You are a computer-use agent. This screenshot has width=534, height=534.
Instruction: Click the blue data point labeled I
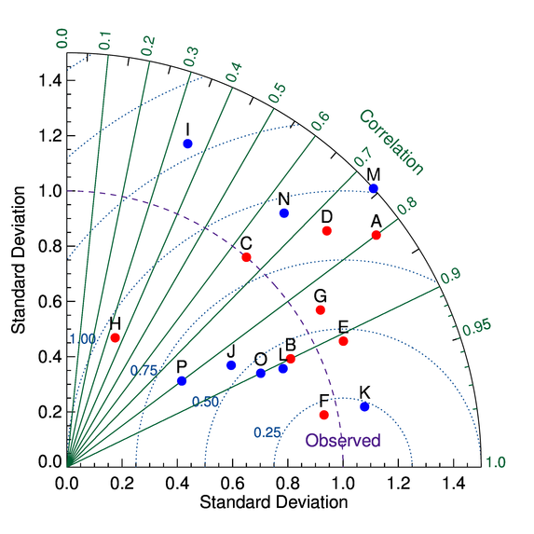188,144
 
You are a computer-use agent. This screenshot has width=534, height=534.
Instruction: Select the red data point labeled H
115,337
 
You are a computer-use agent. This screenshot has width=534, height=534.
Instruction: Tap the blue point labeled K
364,406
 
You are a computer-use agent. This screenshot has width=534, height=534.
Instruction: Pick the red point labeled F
324,415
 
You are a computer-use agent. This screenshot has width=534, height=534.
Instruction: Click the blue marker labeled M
374,189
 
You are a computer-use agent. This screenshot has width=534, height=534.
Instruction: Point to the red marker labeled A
376,235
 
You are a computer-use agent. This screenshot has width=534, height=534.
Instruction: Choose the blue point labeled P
182,381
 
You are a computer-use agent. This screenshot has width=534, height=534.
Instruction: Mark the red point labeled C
246,256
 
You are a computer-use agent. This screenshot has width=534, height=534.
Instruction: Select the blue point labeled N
284,213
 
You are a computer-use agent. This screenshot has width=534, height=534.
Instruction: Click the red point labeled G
321,309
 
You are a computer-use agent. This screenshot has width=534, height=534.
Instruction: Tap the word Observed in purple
343,441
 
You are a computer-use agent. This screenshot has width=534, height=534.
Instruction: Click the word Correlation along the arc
390,143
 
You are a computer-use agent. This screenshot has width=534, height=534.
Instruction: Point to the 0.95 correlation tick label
476,328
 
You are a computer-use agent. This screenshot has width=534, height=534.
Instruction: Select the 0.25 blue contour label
267,432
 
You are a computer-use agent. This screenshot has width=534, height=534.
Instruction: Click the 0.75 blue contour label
144,370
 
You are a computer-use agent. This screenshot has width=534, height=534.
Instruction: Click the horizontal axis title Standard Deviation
272,502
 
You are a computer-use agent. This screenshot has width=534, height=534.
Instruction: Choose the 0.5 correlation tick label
278,93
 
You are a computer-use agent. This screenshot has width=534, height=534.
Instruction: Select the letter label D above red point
326,216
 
